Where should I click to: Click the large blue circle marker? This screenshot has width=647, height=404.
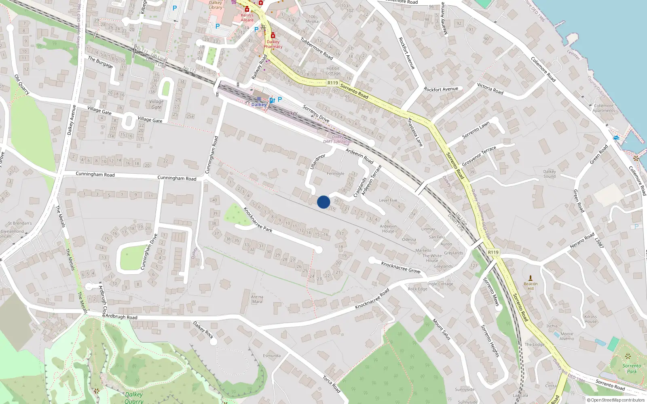pyautogui.click(x=323, y=202)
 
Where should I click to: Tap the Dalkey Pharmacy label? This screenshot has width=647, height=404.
pyautogui.click(x=273, y=44)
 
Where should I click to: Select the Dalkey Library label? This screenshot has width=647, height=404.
pyautogui.click(x=216, y=5)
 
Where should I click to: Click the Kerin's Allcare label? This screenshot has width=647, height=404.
pyautogui.click(x=247, y=18)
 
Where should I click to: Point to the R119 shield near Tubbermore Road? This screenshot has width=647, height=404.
pyautogui.click(x=332, y=83)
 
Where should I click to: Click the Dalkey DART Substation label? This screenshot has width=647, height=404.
pyautogui.click(x=338, y=139)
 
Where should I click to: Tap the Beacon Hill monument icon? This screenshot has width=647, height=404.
pyautogui.click(x=531, y=278)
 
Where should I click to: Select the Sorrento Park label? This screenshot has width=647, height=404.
pyautogui.click(x=632, y=368)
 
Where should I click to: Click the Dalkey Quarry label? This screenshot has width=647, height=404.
pyautogui.click(x=134, y=398)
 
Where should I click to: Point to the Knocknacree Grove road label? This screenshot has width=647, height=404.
pyautogui.click(x=401, y=267)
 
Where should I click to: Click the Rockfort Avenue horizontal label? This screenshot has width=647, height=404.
pyautogui.click(x=441, y=89)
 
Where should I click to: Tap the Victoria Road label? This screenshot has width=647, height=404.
pyautogui.click(x=490, y=88)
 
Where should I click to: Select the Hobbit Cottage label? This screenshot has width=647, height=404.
pyautogui.click(x=333, y=71)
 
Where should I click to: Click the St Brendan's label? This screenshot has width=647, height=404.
pyautogui.click(x=20, y=223)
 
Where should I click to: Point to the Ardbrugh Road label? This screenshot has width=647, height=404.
pyautogui.click(x=121, y=317)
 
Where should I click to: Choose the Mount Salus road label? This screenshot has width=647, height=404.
pyautogui.click(x=442, y=329)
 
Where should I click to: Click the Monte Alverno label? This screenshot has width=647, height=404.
pyautogui.click(x=567, y=336)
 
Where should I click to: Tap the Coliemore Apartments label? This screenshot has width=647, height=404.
pyautogui.click(x=603, y=108)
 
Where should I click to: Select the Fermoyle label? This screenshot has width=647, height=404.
pyautogui.click(x=336, y=174)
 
